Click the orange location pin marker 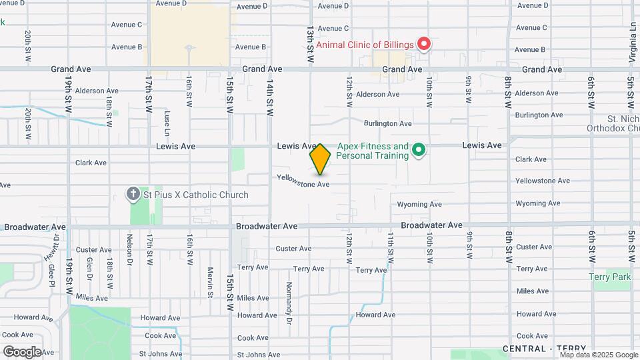click(x=320, y=159)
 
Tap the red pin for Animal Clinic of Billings click(x=424, y=44)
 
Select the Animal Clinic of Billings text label click(x=365, y=45)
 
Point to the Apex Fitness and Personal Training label click(x=373, y=151)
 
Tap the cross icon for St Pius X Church click(x=133, y=195)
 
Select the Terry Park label click(x=609, y=277)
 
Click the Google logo click(x=22, y=351)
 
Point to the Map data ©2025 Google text click(x=598, y=355)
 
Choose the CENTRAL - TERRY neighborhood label click(x=544, y=349)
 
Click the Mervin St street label click(x=209, y=283)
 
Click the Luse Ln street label click(x=167, y=121)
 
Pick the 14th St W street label click(x=270, y=100)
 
